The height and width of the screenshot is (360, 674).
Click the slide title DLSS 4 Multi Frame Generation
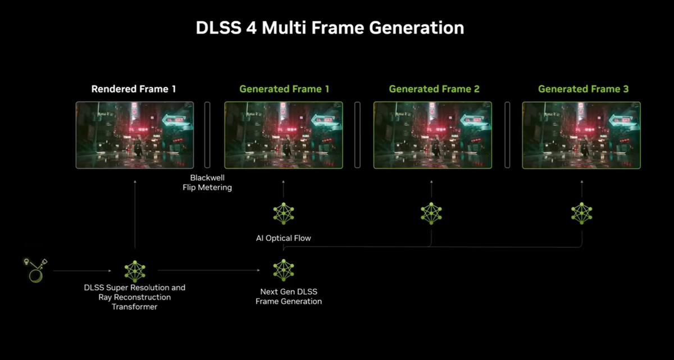[330, 28]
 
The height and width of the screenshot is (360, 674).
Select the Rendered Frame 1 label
[134, 89]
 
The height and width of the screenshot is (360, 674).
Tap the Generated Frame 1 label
[284, 89]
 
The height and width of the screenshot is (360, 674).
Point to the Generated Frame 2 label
[434, 89]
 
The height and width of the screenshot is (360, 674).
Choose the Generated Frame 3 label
[583, 89]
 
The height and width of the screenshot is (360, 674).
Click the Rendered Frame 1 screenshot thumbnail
[135, 135]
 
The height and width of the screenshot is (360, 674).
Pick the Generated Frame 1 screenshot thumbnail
[284, 135]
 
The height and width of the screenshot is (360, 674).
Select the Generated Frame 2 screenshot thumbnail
[432, 135]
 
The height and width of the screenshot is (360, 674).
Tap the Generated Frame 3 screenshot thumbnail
[581, 135]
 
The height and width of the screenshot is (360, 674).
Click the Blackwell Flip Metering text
[207, 183]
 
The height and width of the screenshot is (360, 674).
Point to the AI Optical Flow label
[283, 238]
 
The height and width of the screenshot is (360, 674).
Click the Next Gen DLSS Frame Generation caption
[289, 297]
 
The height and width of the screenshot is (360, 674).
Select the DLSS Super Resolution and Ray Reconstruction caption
[135, 297]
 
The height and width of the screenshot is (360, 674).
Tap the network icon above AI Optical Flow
[283, 213]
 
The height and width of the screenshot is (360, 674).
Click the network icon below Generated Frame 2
[431, 213]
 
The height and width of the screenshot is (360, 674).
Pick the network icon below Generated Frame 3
[582, 213]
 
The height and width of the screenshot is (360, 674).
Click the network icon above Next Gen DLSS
[283, 270]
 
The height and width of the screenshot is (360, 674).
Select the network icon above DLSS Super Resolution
[135, 271]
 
